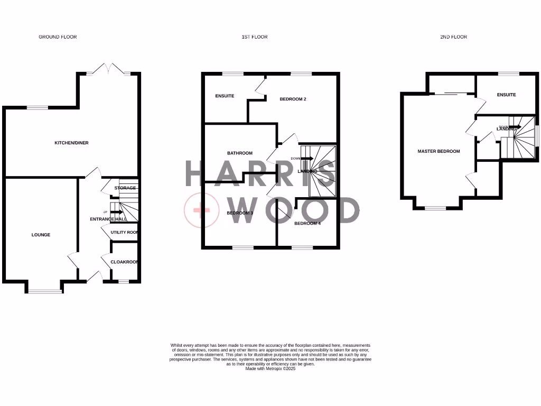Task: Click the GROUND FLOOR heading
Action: point(58,37)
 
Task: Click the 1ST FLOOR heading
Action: point(255,37)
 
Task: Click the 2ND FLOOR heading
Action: point(453,37)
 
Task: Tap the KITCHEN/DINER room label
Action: point(72,143)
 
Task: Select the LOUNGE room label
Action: point(41,235)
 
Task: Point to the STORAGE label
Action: point(125,188)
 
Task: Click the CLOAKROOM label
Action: point(124,262)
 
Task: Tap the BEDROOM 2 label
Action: point(293,99)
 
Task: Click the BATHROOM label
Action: point(240,153)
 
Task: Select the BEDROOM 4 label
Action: point(307,224)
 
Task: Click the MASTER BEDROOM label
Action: point(439,151)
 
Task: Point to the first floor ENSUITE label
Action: point(225,96)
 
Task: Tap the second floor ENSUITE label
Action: point(506,95)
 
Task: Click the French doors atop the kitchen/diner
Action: point(109,69)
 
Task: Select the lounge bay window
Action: point(44,290)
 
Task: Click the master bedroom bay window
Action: point(435,208)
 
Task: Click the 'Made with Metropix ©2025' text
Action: point(270,368)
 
